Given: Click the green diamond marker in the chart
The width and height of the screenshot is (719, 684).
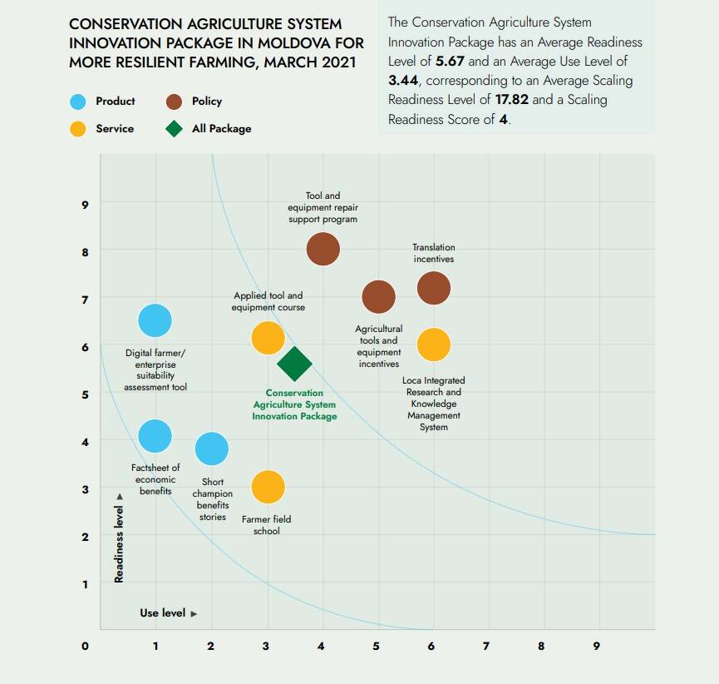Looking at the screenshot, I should (x=294, y=363).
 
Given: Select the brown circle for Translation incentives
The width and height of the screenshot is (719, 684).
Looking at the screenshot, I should (x=433, y=288).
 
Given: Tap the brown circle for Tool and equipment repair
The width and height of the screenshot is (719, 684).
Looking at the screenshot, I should (x=323, y=248).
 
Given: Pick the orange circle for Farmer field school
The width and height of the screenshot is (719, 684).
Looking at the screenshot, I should (x=268, y=487).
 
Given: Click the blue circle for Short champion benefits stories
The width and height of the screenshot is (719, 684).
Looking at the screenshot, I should (x=212, y=449).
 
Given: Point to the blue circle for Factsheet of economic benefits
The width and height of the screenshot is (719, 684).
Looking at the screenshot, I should (x=155, y=435).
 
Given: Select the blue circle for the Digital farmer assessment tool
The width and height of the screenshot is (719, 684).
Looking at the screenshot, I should (x=155, y=320).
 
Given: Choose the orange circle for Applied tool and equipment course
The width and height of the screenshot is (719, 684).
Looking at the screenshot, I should (x=268, y=337).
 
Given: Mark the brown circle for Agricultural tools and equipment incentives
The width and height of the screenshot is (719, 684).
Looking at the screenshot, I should (x=378, y=295).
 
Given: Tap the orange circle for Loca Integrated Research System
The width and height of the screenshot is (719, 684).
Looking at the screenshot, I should (x=433, y=344).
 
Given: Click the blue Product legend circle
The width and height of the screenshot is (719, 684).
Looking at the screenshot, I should (x=78, y=102).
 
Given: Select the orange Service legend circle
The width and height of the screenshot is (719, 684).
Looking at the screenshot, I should (x=78, y=129).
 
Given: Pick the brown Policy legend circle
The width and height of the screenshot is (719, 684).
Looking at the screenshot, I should (x=174, y=102).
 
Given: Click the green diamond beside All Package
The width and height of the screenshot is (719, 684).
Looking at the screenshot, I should (x=174, y=129).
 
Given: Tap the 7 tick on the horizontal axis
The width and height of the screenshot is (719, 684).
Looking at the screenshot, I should (x=486, y=646).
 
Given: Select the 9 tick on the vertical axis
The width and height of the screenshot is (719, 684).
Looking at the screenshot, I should (x=85, y=204).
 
